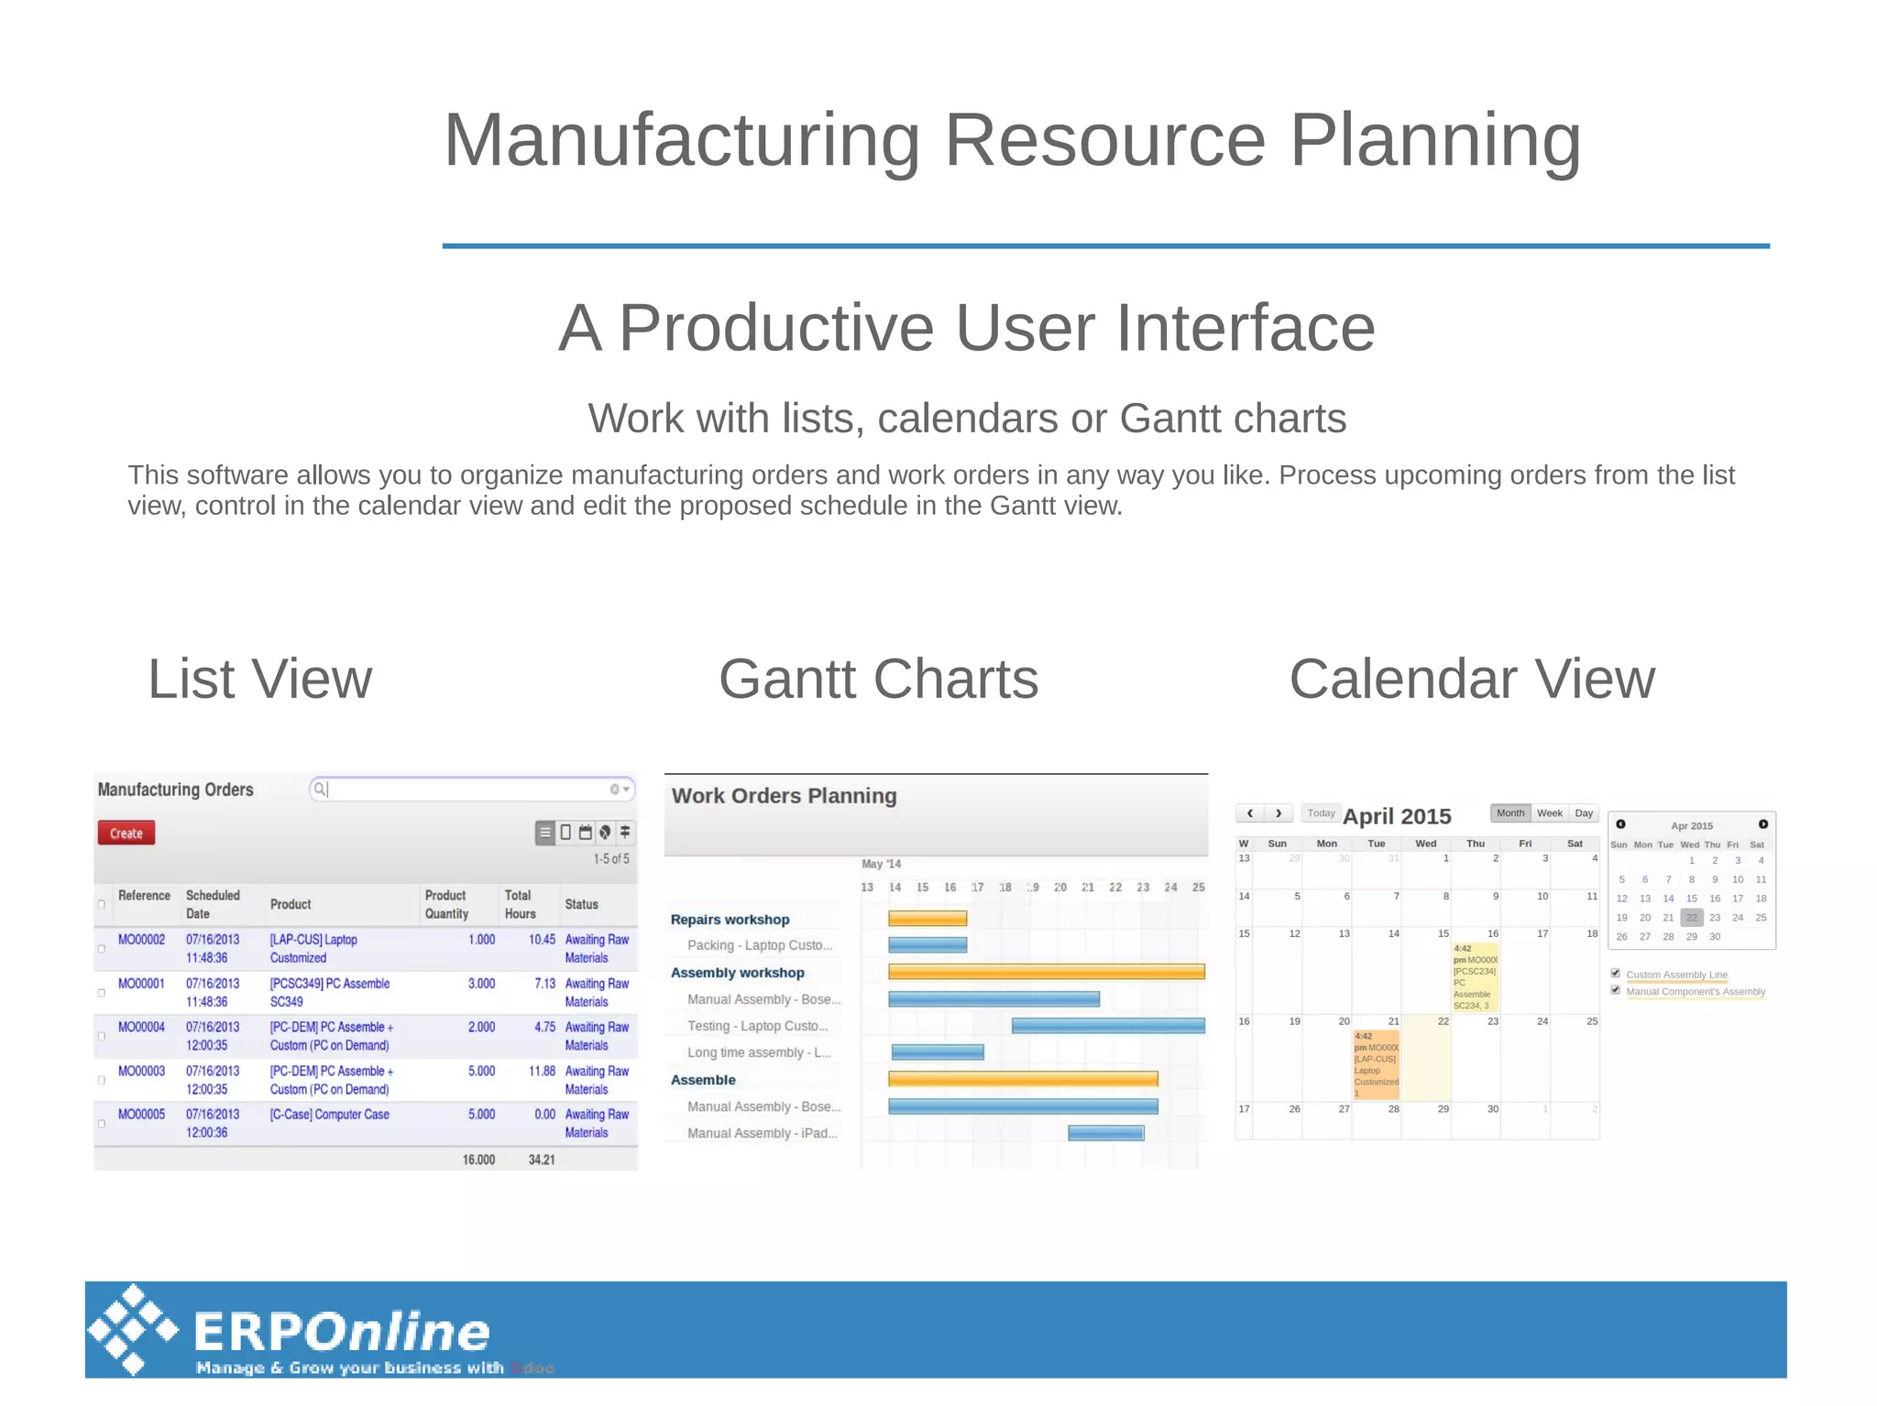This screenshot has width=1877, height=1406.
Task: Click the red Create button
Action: (126, 833)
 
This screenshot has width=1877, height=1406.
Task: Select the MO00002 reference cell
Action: (141, 940)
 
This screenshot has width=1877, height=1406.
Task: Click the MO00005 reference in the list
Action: (141, 1115)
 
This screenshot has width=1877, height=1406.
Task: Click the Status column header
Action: (581, 904)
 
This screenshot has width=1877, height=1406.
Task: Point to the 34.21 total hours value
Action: (542, 1160)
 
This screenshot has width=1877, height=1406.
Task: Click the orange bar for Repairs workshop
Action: (927, 919)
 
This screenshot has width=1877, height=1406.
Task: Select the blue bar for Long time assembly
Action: (937, 1052)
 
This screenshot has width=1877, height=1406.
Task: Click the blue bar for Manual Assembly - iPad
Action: (1105, 1133)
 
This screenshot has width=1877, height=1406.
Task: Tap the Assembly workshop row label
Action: (737, 973)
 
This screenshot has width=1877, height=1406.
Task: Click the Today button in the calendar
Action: (1321, 813)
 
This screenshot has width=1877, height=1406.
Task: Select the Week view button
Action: (1549, 813)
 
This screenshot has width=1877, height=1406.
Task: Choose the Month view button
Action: (1509, 813)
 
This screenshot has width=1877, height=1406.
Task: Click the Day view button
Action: (1584, 813)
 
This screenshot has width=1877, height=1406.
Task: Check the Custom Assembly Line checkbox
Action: (1615, 974)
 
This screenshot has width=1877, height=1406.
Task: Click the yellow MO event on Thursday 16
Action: (1475, 976)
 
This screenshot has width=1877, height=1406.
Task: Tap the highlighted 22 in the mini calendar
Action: (1691, 917)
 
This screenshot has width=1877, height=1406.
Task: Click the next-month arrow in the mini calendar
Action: (1762, 824)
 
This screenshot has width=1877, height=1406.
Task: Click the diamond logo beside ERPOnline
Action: (133, 1330)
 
